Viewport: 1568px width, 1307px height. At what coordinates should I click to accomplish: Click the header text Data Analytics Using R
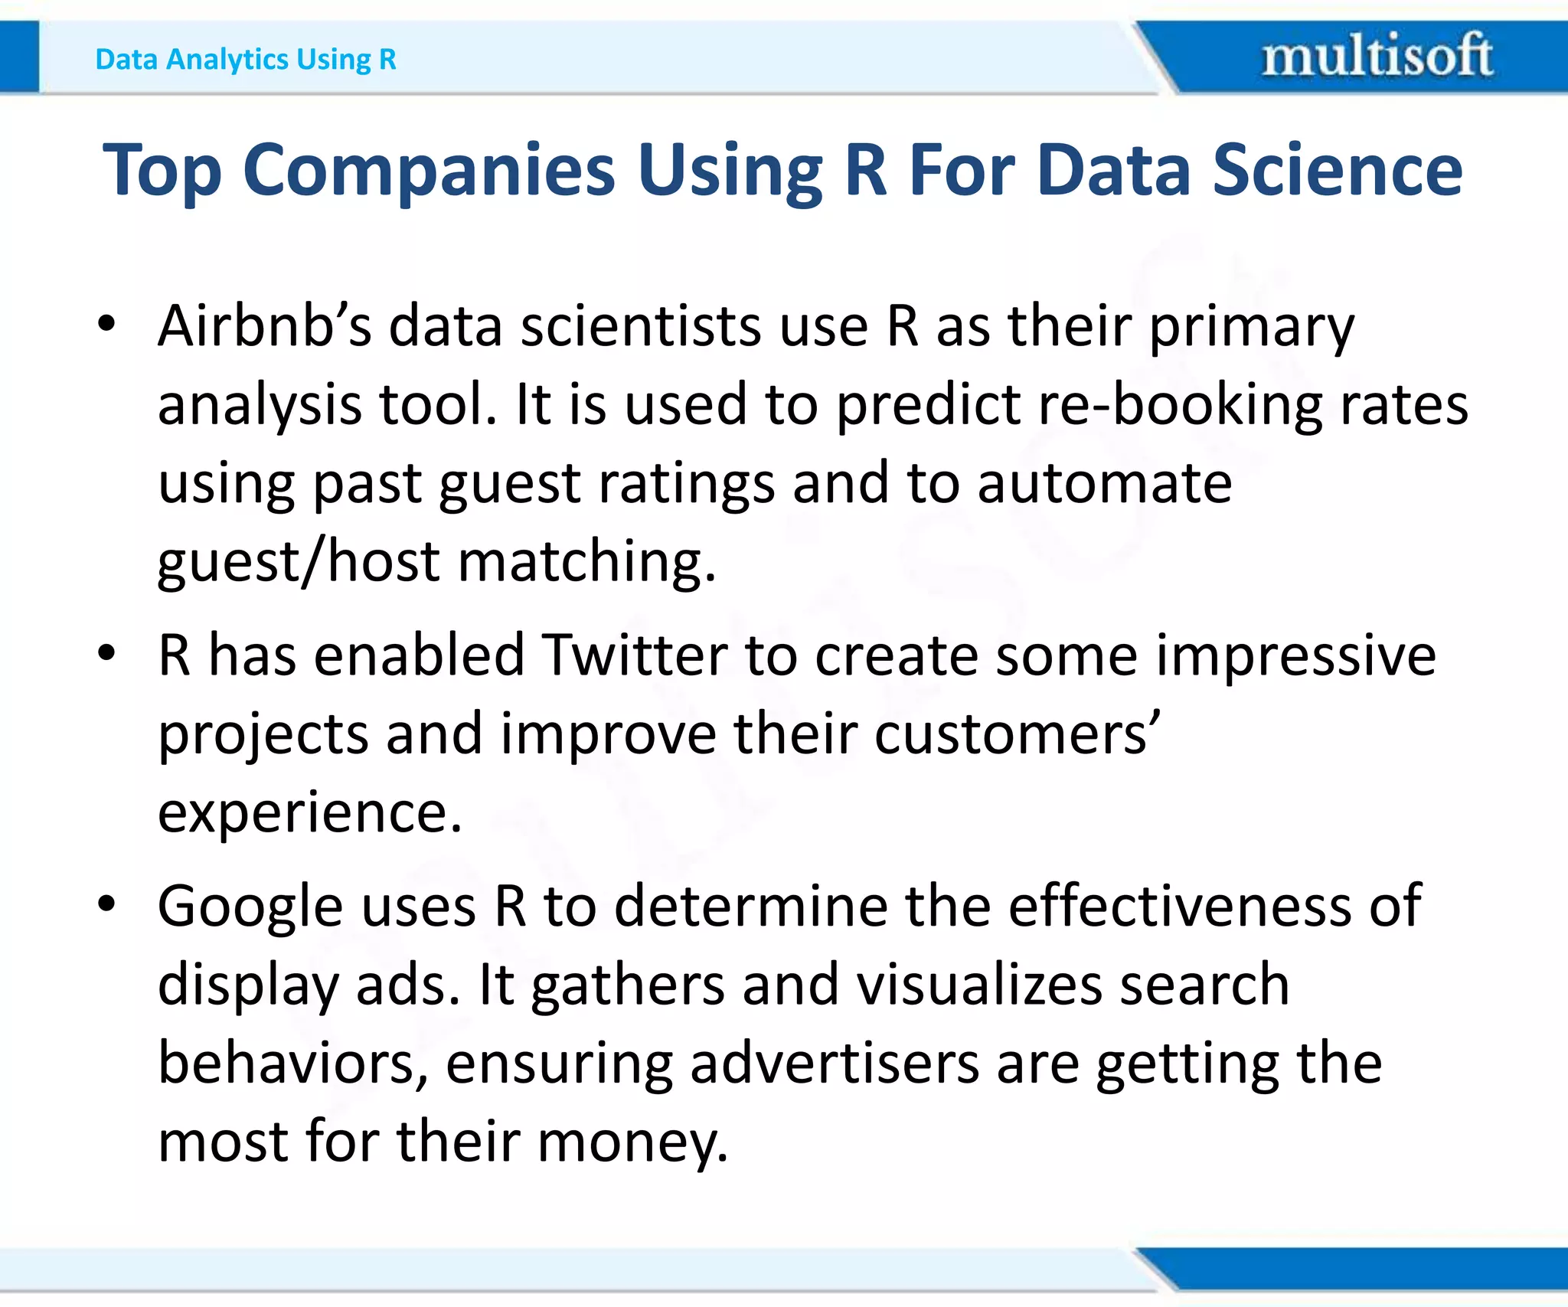pyautogui.click(x=246, y=59)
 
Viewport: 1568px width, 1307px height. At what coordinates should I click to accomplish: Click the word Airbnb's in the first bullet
pyautogui.click(x=264, y=327)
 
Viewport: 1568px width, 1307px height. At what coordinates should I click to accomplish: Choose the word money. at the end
pyautogui.click(x=632, y=1142)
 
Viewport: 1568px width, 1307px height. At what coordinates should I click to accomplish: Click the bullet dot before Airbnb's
pyautogui.click(x=106, y=324)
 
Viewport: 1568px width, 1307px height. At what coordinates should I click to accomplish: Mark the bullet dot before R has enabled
pyautogui.click(x=106, y=654)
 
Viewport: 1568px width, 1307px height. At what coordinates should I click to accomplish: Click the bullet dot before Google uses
pyautogui.click(x=106, y=904)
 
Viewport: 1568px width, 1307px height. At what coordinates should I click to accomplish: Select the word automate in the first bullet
pyautogui.click(x=1104, y=484)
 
